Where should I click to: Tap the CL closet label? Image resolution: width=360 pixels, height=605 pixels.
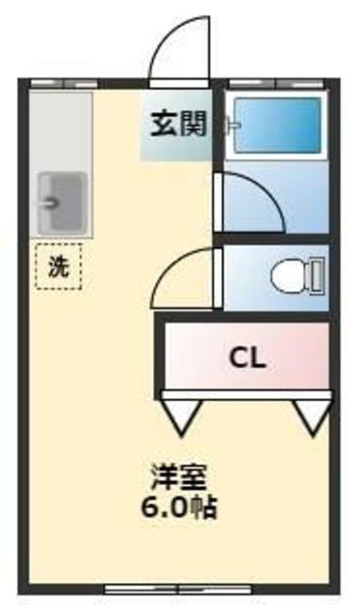click(249, 358)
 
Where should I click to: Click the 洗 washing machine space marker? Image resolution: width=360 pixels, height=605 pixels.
click(59, 266)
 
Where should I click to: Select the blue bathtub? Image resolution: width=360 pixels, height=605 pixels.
click(277, 125)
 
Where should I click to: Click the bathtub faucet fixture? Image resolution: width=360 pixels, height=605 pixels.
click(228, 123)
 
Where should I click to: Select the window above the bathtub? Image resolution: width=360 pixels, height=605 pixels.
click(277, 82)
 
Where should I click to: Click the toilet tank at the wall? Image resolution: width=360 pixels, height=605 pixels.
click(318, 277)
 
